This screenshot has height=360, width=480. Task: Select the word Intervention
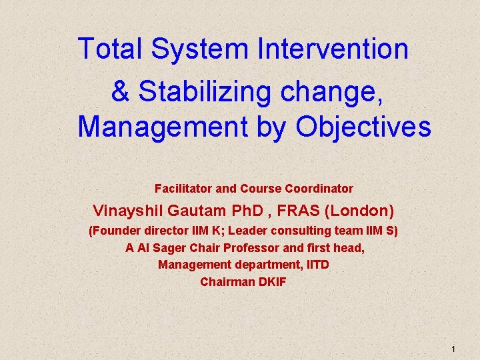[x=333, y=49]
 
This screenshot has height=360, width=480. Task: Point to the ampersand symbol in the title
[x=120, y=92]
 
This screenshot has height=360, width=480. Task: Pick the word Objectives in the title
[x=364, y=127]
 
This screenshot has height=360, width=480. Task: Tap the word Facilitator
[x=183, y=189]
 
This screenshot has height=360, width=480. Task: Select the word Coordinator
[x=319, y=189]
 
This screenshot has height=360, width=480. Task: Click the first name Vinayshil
[x=129, y=211]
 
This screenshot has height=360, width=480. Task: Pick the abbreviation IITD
[x=317, y=265]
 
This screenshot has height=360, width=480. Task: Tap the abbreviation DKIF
[x=271, y=282]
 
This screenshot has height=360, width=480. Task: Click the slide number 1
[x=453, y=349]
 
